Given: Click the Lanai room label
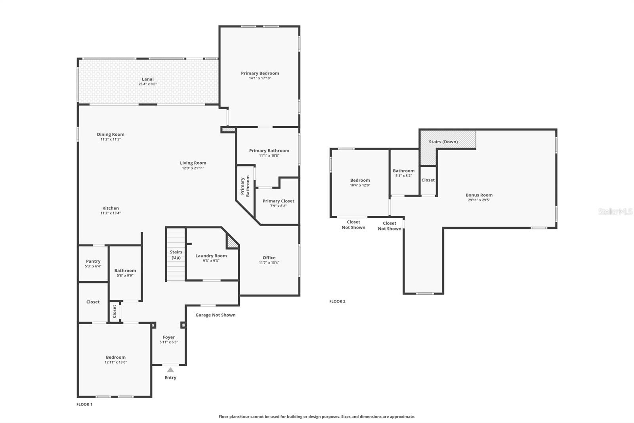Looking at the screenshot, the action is [x=148, y=79].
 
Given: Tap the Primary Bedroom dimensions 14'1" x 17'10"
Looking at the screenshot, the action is [x=260, y=78].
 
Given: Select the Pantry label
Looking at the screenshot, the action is [x=93, y=261].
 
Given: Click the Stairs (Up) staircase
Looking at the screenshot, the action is [x=176, y=254].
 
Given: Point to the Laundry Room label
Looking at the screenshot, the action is [x=211, y=256].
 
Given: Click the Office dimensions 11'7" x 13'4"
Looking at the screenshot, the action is [x=269, y=263].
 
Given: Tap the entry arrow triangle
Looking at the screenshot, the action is [x=170, y=370].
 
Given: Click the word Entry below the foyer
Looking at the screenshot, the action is [x=170, y=378].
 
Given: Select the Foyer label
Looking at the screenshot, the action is [x=169, y=337].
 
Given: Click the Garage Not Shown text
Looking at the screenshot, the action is [x=216, y=315].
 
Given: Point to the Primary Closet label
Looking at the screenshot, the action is [x=279, y=201].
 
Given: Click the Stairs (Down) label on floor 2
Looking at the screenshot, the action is [x=443, y=142].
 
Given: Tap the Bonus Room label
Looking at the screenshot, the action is [x=479, y=195].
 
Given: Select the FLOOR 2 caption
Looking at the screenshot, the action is [x=337, y=301].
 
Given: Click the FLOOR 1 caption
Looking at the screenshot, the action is [x=84, y=404].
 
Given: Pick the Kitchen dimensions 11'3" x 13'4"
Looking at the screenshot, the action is [x=111, y=213].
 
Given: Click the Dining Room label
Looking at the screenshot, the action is [x=111, y=135].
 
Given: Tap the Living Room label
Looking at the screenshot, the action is [x=193, y=163].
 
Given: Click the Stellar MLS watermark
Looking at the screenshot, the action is [x=615, y=211].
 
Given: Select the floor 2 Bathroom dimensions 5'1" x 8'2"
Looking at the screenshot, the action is [x=404, y=176].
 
